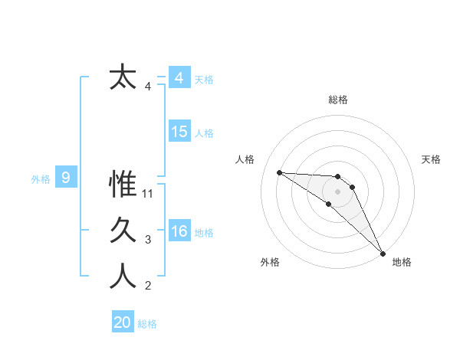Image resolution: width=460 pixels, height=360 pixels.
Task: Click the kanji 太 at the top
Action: (123, 78)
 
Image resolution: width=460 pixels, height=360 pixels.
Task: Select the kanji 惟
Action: (123, 185)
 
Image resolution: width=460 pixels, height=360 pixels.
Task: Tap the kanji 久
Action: (123, 231)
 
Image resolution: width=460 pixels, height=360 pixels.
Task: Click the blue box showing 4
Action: (179, 78)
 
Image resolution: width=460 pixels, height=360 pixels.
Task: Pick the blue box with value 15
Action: (179, 132)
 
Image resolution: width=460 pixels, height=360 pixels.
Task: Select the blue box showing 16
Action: (179, 231)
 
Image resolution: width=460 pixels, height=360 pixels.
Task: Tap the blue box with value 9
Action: (66, 178)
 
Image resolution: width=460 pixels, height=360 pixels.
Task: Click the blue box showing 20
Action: (123, 322)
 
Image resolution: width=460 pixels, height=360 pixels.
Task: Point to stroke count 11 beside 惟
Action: (149, 194)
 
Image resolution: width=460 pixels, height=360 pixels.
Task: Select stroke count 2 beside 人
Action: (148, 286)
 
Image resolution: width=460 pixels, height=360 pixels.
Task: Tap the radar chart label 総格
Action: (338, 100)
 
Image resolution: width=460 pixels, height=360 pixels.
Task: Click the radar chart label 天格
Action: (432, 159)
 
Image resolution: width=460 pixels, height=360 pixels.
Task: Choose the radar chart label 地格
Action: (402, 262)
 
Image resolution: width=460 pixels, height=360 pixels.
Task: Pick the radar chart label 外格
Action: (270, 262)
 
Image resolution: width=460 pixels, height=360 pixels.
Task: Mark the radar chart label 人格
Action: (245, 159)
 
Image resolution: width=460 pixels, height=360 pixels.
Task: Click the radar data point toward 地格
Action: (383, 252)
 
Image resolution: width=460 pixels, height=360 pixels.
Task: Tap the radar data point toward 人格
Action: (280, 172)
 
